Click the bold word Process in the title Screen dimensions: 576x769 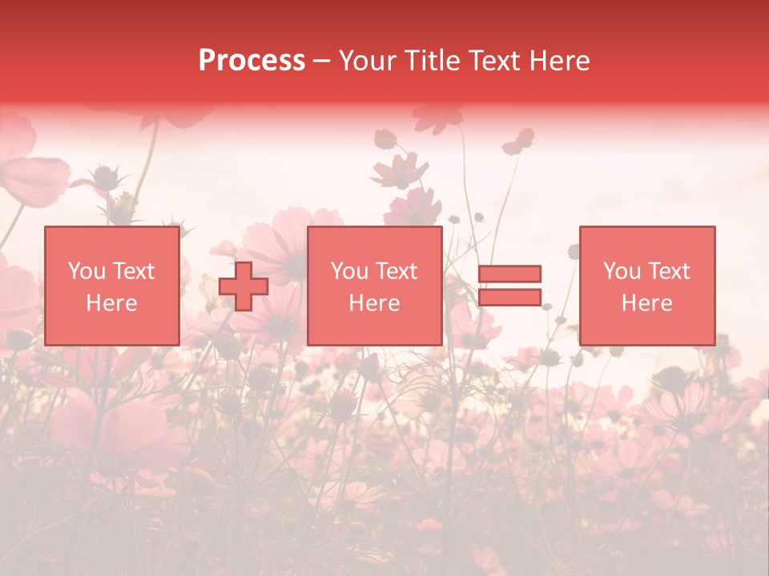(252, 61)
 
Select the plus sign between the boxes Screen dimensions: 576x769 (244, 286)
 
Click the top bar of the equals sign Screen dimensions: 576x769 (509, 274)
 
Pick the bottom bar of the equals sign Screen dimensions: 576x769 (509, 298)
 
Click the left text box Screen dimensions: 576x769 (111, 286)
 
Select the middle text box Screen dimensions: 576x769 (374, 286)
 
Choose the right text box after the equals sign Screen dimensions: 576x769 (647, 286)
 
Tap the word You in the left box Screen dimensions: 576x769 (87, 271)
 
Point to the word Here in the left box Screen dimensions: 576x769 (111, 303)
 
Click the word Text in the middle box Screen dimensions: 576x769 (397, 271)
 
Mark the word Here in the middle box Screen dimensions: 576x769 (374, 303)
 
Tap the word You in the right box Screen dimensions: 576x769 (622, 271)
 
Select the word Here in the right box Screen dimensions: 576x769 (647, 303)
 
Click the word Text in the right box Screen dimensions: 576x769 (670, 271)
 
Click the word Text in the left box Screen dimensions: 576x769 (134, 271)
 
